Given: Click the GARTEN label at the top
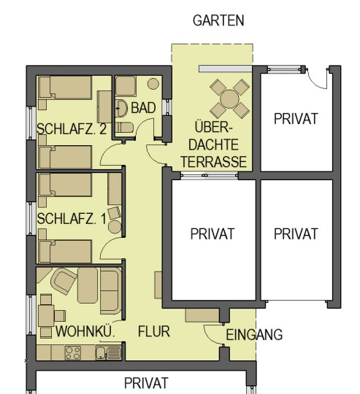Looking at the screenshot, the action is (x=218, y=20).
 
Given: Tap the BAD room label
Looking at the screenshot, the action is (x=143, y=108).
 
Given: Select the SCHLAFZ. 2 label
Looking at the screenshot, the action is (x=72, y=129).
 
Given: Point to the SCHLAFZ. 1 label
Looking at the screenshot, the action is (x=72, y=219).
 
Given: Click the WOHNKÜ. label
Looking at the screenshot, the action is (x=85, y=331).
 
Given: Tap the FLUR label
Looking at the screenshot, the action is (x=154, y=331).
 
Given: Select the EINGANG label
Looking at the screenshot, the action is (x=254, y=335).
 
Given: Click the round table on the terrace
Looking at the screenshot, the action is (x=229, y=99).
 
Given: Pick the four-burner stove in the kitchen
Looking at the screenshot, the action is (x=73, y=353).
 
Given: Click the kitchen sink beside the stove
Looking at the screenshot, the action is (x=108, y=353).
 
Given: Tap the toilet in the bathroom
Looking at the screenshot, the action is (x=124, y=128).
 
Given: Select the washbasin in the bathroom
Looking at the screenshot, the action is (x=122, y=108).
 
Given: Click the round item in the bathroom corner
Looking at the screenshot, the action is (x=153, y=84).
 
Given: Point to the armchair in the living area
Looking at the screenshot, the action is (x=64, y=281).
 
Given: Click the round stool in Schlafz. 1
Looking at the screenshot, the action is (x=115, y=227).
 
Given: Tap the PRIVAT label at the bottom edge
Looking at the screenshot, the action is (x=146, y=383).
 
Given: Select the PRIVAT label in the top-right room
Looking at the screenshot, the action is (x=296, y=119).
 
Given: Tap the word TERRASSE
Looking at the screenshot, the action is (x=214, y=162).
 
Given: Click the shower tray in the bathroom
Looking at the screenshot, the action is (x=126, y=86).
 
